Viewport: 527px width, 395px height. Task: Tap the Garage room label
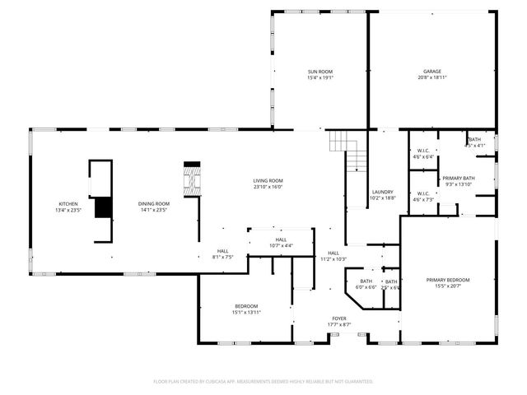tap(432, 72)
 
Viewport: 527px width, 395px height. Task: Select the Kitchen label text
tap(68, 203)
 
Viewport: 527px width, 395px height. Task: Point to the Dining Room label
tap(153, 203)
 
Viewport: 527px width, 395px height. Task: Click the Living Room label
tap(268, 180)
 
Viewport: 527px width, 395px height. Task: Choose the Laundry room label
tap(382, 192)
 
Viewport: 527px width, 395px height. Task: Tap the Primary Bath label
tap(458, 179)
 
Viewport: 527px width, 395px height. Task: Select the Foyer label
tap(339, 318)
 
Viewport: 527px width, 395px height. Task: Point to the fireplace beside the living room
tap(191, 179)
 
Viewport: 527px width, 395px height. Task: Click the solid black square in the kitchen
tap(103, 207)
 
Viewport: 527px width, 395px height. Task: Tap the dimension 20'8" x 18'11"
tap(432, 77)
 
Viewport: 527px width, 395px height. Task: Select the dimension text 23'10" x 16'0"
tap(268, 187)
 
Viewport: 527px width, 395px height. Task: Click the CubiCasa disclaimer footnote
tap(263, 381)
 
